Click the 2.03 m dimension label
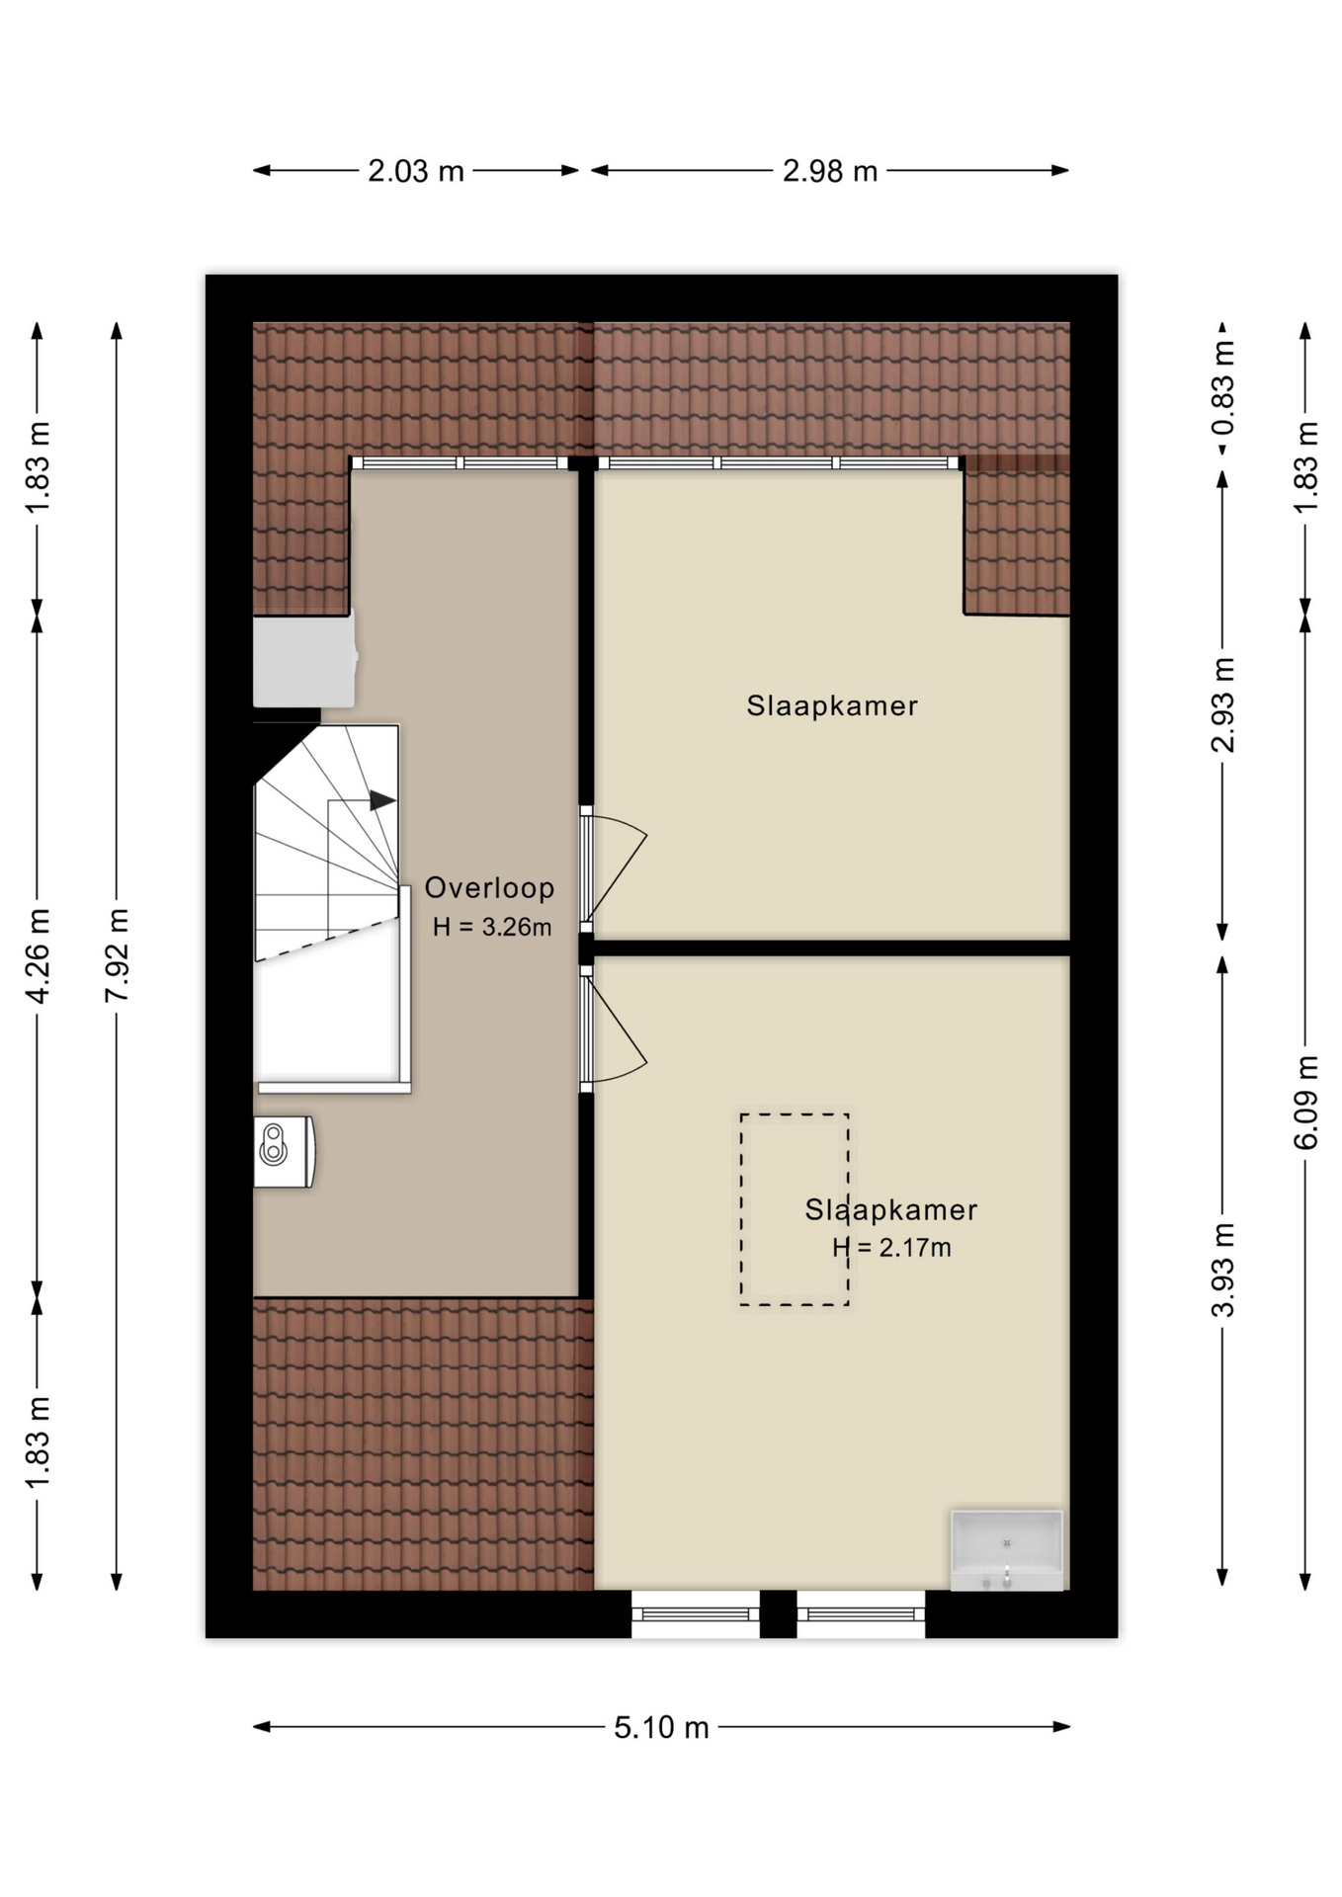click(416, 172)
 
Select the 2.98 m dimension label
click(830, 172)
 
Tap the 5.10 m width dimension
click(661, 1728)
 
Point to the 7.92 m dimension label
click(118, 955)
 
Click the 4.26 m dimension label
click(38, 955)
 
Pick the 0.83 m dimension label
click(1223, 388)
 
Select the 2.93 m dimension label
click(1223, 704)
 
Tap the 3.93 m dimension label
click(1223, 1270)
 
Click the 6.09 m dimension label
click(1305, 1102)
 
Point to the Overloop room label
click(489, 888)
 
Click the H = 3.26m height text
click(492, 927)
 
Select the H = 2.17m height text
click(891, 1248)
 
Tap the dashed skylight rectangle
click(742, 1209)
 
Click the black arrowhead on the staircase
click(382, 801)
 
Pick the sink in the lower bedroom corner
click(1007, 1550)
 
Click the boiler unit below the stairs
click(285, 1151)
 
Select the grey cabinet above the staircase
click(304, 661)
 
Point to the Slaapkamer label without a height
click(832, 705)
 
